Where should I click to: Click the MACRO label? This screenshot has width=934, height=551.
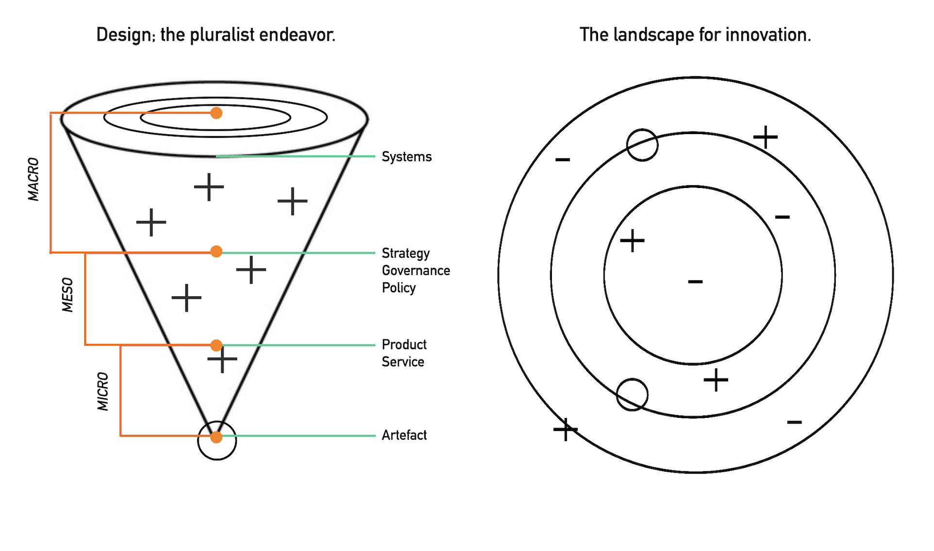[33, 179]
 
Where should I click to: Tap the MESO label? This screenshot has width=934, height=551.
[67, 295]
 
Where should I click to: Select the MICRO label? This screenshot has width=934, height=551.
[102, 391]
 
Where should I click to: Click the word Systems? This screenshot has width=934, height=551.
[406, 157]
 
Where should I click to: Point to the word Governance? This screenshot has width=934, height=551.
[416, 271]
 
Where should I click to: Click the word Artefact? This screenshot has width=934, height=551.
[404, 435]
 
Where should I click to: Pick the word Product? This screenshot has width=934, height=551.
[404, 345]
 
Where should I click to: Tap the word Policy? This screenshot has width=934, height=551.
[399, 288]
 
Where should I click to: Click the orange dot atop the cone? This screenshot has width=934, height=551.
[217, 113]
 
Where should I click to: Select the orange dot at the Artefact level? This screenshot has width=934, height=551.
[217, 437]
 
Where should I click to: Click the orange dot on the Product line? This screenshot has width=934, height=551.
[217, 345]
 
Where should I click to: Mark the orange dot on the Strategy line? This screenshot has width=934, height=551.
[217, 252]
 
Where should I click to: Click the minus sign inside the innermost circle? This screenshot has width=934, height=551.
[695, 281]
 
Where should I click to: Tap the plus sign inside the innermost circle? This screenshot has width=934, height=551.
[632, 241]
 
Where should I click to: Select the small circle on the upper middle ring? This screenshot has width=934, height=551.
[642, 145]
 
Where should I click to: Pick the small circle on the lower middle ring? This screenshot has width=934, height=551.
[632, 395]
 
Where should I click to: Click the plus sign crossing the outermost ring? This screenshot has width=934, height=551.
[566, 430]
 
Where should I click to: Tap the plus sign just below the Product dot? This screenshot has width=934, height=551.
[222, 360]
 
